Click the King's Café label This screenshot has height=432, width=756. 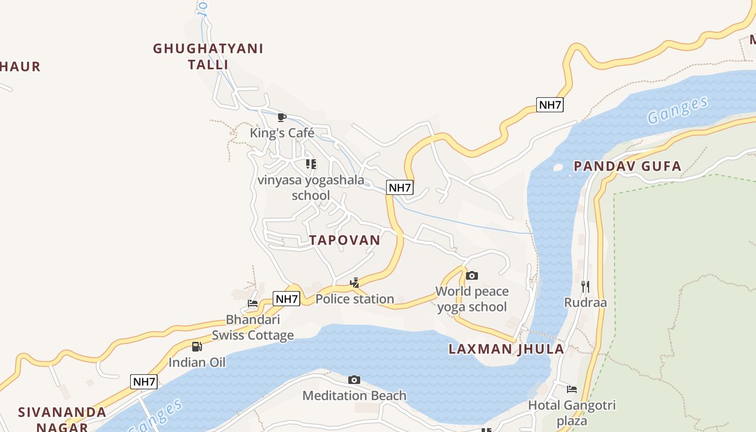[282, 133]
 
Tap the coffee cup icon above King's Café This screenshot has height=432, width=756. [281, 117]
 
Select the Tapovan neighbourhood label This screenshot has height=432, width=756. [345, 240]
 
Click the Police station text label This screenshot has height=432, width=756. [355, 299]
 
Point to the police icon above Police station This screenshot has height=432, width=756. [354, 282]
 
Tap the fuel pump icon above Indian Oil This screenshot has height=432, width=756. [197, 347]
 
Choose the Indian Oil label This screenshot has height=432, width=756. [197, 362]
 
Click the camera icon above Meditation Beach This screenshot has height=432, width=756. [354, 380]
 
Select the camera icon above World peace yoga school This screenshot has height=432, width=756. [471, 276]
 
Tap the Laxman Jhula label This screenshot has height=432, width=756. [506, 349]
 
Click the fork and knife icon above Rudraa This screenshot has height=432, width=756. [585, 286]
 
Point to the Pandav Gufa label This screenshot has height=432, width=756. [627, 166]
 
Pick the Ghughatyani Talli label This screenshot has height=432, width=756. [208, 56]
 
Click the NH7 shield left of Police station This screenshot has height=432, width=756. [286, 299]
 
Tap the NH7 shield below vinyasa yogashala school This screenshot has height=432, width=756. [400, 187]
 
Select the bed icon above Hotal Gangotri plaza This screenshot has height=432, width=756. [571, 389]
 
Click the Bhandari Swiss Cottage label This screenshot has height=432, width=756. [253, 327]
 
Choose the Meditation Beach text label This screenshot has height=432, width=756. [354, 396]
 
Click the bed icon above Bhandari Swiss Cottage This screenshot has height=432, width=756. [252, 303]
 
